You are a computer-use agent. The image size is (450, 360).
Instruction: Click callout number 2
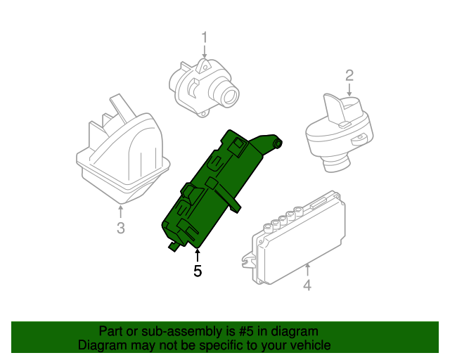(x=349, y=75)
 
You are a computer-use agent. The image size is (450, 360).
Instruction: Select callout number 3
(x=120, y=228)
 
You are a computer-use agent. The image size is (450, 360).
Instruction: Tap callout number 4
(x=307, y=285)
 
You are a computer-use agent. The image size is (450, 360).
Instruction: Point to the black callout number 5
(x=198, y=270)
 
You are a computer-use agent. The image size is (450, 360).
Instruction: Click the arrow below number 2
(x=349, y=89)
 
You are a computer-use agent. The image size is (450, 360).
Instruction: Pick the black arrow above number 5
(x=198, y=255)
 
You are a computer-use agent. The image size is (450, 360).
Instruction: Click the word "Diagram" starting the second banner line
(x=99, y=345)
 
